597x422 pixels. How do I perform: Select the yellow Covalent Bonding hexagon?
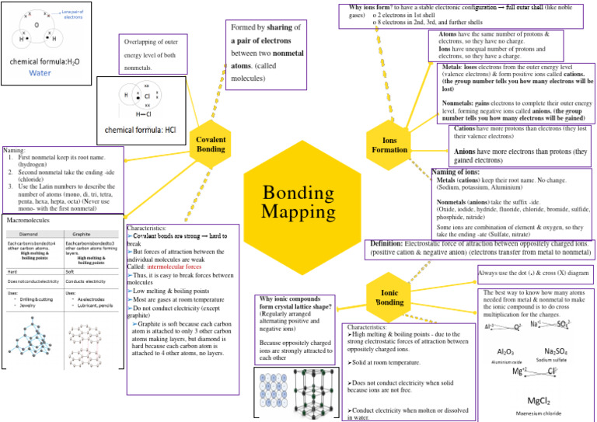tap(211, 141)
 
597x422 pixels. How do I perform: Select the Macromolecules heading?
tap(29, 221)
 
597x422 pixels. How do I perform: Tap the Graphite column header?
tap(82, 233)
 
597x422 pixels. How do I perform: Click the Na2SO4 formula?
tap(555, 351)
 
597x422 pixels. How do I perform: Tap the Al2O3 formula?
tap(504, 351)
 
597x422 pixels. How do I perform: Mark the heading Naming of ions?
tap(456, 172)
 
